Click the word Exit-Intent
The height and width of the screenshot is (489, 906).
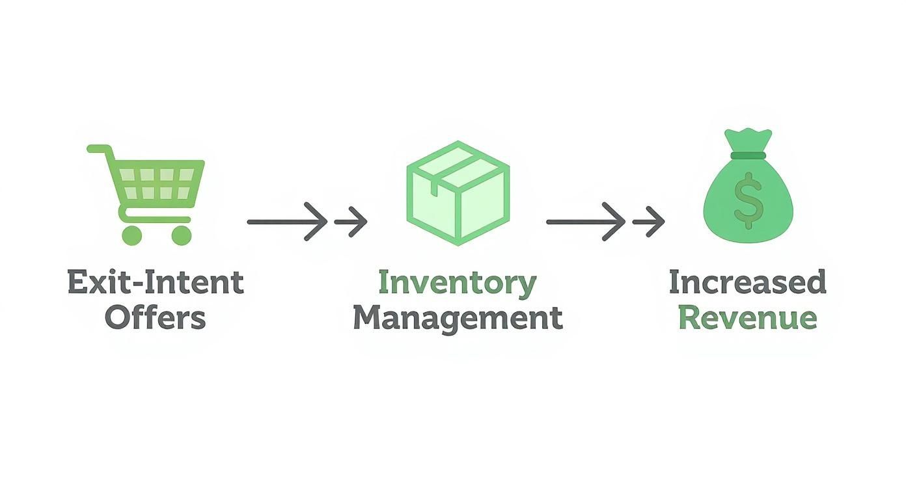(156, 283)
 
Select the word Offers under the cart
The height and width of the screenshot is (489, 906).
(156, 318)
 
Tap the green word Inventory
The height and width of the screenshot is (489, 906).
(457, 283)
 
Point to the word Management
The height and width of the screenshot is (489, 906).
(457, 318)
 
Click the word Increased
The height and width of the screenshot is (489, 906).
(747, 283)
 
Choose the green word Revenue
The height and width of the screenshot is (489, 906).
(747, 318)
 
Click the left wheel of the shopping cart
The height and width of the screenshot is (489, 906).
(132, 235)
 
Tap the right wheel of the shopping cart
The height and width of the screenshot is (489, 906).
(182, 235)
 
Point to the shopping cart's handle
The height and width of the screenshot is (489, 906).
(98, 150)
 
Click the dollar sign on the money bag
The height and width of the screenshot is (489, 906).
(748, 200)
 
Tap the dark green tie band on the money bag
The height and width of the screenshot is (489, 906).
(748, 155)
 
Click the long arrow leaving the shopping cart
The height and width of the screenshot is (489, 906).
(286, 222)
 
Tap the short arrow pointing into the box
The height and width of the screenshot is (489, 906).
(351, 222)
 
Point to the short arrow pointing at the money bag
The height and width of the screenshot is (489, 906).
(649, 222)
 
